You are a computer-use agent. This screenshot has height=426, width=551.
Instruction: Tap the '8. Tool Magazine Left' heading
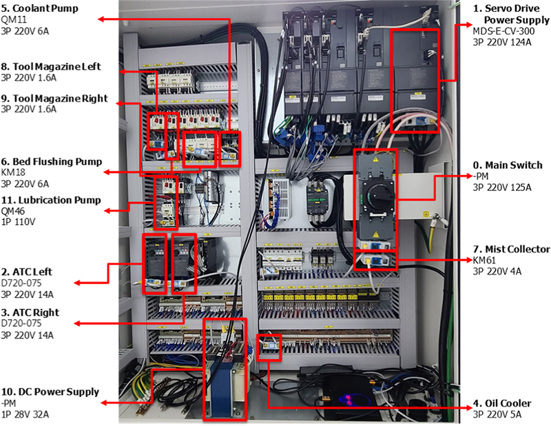(52, 66)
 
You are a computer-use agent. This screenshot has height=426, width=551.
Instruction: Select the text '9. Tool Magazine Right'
(54, 99)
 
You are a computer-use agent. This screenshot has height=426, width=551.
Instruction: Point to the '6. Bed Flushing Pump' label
(52, 161)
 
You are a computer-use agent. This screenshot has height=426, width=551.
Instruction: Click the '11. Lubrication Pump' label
(51, 200)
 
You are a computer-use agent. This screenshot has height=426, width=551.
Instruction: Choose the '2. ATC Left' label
(26, 272)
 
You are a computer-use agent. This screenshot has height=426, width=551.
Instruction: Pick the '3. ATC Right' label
(30, 312)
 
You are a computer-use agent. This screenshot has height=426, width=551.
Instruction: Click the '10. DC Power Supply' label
(50, 392)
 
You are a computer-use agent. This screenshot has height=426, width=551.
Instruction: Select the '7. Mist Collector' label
(509, 249)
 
